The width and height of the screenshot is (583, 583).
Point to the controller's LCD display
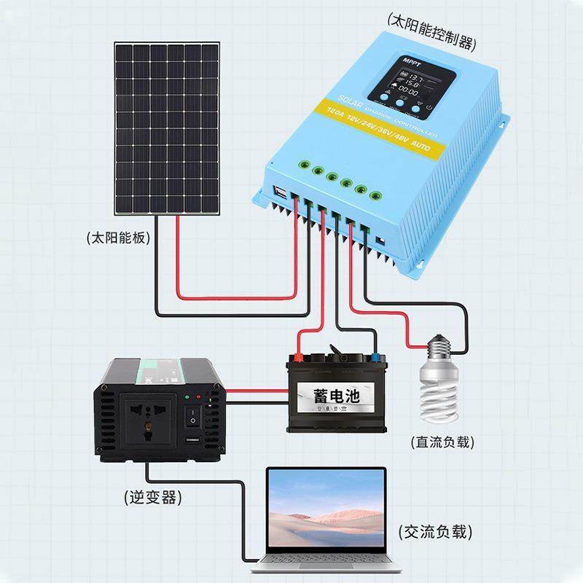[410, 86]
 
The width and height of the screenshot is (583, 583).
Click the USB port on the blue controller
[281, 193]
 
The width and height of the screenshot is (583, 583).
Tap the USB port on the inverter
[190, 443]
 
